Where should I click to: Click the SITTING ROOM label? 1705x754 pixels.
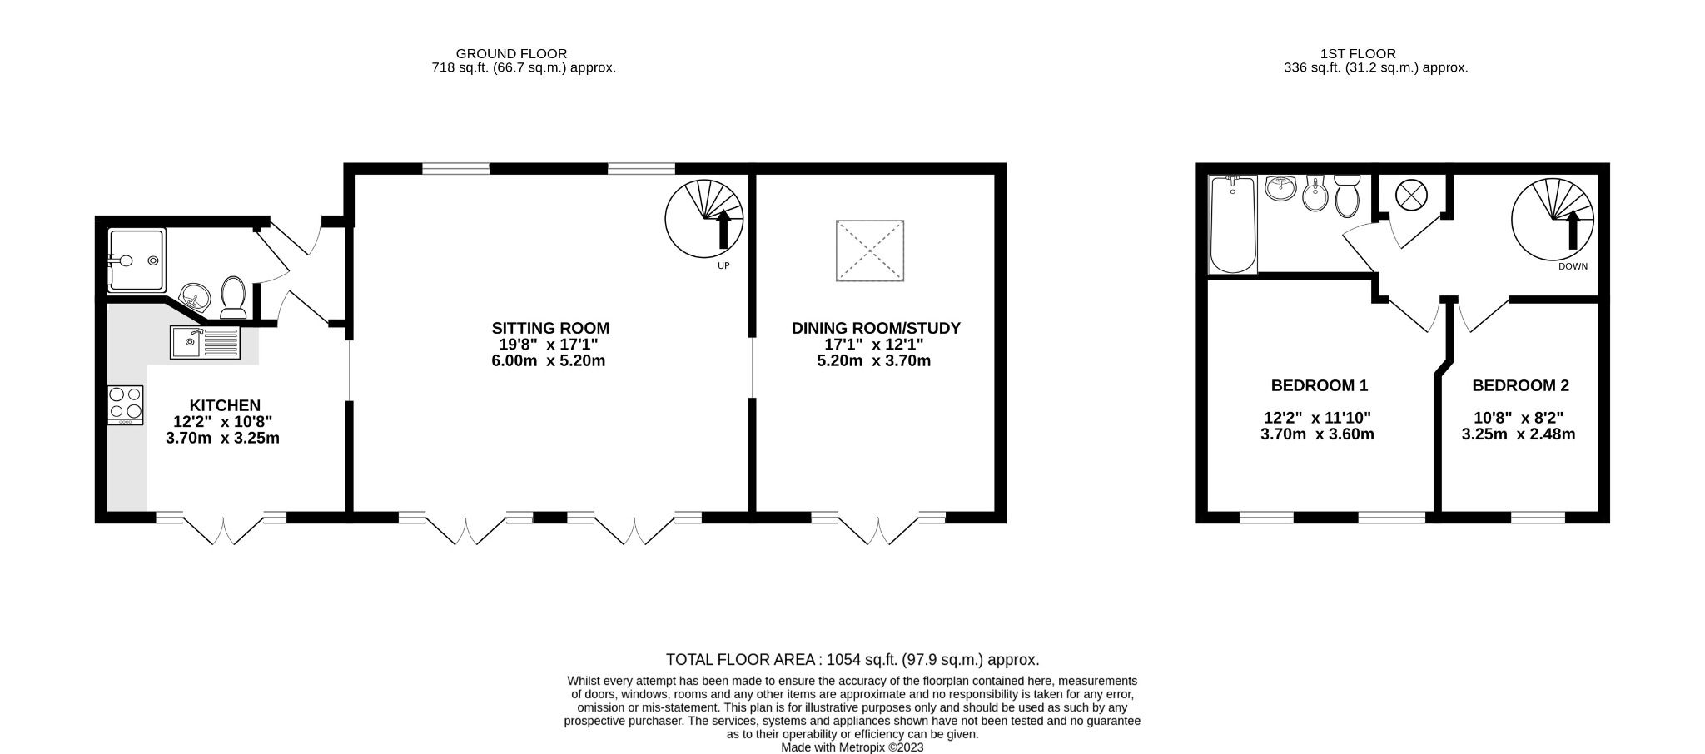click(x=550, y=328)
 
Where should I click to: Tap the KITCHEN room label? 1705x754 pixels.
click(x=224, y=405)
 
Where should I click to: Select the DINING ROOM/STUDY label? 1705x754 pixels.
click(x=876, y=328)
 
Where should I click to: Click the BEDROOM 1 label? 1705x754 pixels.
click(x=1319, y=385)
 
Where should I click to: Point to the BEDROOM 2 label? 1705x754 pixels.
click(x=1520, y=385)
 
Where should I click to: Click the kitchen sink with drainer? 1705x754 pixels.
click(x=205, y=342)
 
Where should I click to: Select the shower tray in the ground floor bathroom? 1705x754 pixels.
click(x=137, y=260)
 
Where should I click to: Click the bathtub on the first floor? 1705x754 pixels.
click(x=1233, y=225)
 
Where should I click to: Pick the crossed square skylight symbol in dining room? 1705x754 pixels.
click(x=870, y=250)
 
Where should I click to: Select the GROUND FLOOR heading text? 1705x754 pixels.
click(x=511, y=53)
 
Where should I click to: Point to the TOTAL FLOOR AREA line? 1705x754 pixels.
click(x=852, y=660)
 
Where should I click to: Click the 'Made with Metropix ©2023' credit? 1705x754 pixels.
click(x=852, y=747)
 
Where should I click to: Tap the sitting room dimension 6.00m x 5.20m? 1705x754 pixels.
click(x=548, y=361)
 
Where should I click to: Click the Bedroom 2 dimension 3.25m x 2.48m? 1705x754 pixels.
click(x=1519, y=434)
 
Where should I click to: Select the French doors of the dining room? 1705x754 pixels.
click(x=878, y=529)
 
